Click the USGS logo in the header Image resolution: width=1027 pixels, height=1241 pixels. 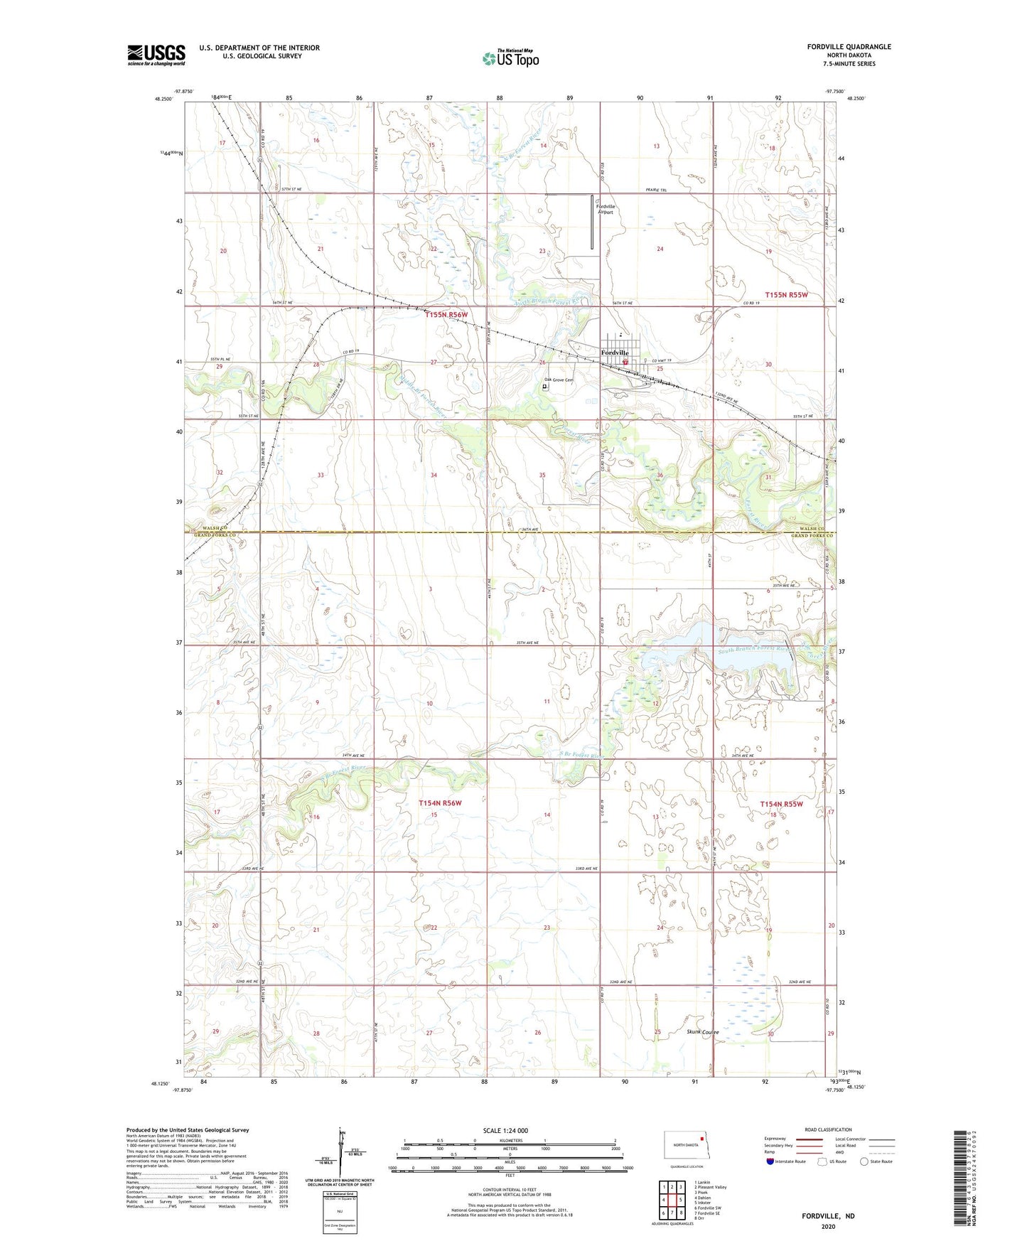[x=156, y=55]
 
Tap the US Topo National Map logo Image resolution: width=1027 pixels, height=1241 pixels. [x=510, y=58]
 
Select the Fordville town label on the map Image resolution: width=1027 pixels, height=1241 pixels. [x=615, y=353]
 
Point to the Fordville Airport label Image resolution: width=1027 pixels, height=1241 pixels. [x=606, y=209]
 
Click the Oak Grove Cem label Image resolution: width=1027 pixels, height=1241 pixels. [x=559, y=380]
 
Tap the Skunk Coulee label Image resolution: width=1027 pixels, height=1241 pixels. [x=703, y=1031]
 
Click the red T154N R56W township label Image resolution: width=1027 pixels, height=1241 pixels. [x=440, y=802]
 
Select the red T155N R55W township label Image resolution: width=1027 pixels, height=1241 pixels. [x=786, y=294]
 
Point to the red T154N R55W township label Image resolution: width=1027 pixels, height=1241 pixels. [x=781, y=804]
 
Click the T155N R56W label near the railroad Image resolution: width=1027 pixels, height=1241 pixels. [x=446, y=314]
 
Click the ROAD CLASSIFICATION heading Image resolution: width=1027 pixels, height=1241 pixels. [x=828, y=1129]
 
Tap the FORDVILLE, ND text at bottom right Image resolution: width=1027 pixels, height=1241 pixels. [x=828, y=1216]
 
